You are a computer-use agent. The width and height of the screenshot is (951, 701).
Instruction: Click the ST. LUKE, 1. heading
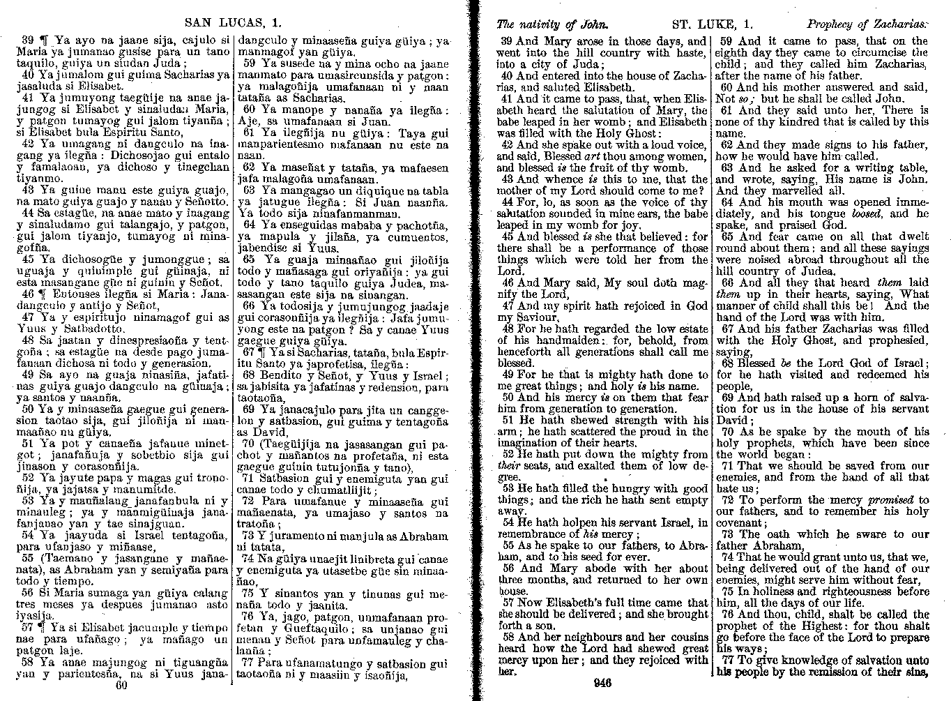click(x=706, y=23)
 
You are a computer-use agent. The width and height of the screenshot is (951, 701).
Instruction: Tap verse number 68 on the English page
click(x=728, y=363)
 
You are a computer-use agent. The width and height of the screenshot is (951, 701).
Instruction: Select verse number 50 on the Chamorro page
click(x=28, y=409)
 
